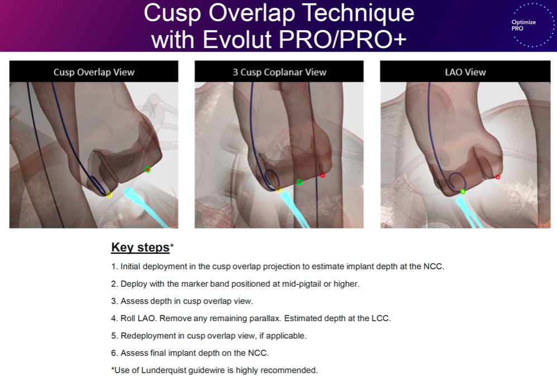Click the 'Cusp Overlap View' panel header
click(94, 72)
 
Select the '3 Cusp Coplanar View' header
click(279, 72)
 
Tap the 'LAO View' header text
click(465, 72)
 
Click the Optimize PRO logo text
click(524, 25)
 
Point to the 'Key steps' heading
click(140, 247)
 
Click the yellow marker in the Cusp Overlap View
click(109, 194)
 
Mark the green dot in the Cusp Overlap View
click(147, 170)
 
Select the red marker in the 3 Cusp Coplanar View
click(322, 175)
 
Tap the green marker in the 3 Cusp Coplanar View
click(300, 182)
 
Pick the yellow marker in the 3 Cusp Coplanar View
click(278, 190)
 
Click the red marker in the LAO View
click(497, 176)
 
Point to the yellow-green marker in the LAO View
click(463, 191)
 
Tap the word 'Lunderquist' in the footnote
click(164, 370)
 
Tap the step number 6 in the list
click(114, 353)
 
